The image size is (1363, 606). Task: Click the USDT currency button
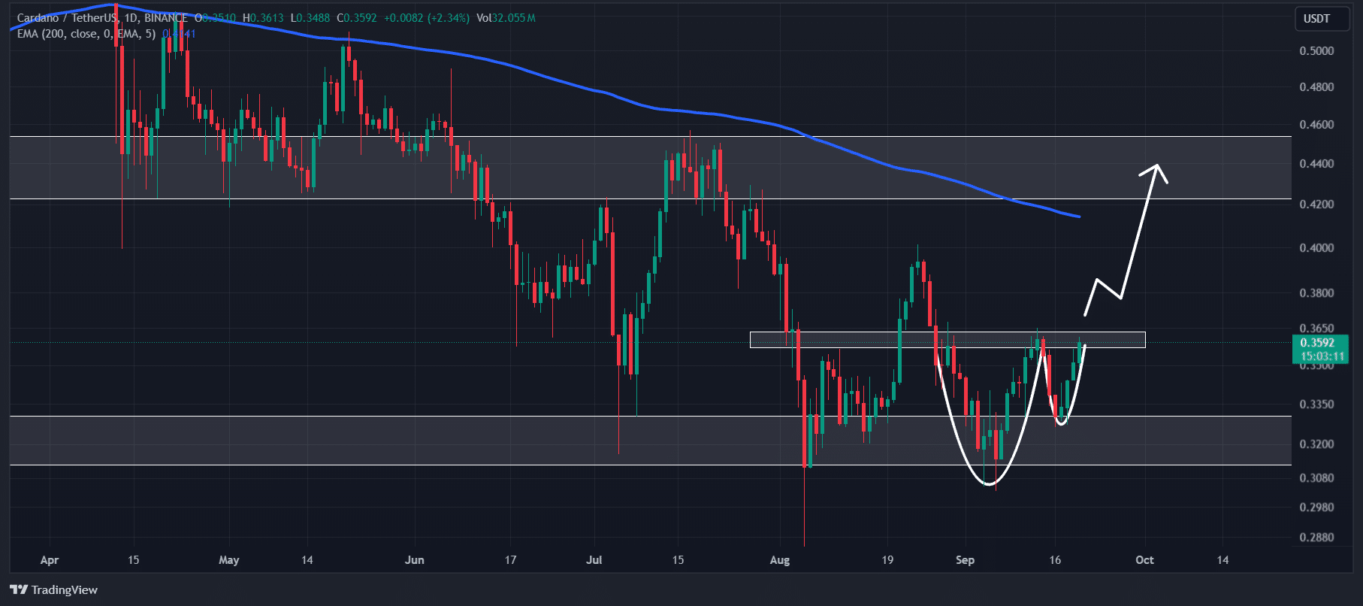(x=1316, y=19)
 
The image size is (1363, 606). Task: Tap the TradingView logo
(x=54, y=589)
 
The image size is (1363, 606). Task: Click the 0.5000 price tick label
(x=1316, y=51)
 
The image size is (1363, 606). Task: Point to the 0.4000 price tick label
(x=1316, y=248)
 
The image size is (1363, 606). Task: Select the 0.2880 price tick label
(x=1316, y=538)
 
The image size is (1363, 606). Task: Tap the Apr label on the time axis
(x=50, y=560)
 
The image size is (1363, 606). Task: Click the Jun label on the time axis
(x=414, y=560)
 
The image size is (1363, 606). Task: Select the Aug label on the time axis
(x=780, y=560)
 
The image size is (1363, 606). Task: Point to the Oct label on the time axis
(x=1144, y=560)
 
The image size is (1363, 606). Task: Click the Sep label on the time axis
(x=965, y=560)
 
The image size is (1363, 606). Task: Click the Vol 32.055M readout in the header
(x=506, y=18)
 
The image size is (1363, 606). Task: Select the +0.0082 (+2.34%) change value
(x=427, y=18)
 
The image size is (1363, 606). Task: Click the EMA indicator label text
(x=86, y=34)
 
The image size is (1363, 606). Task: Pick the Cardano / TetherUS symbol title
(x=66, y=18)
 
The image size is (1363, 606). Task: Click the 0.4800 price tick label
(x=1316, y=87)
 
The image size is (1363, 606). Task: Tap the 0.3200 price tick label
(x=1316, y=444)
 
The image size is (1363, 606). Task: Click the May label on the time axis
(x=228, y=560)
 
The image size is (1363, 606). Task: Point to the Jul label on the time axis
(x=594, y=560)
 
